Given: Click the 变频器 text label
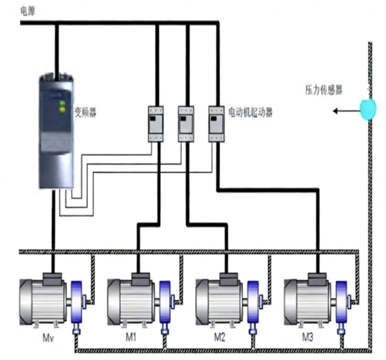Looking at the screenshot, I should [x=85, y=112].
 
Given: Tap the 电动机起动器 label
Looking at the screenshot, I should [x=250, y=112].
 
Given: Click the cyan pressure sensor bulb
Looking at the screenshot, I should [x=368, y=109].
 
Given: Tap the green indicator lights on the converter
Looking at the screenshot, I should [x=62, y=106].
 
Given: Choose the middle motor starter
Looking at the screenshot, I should [x=186, y=123].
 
